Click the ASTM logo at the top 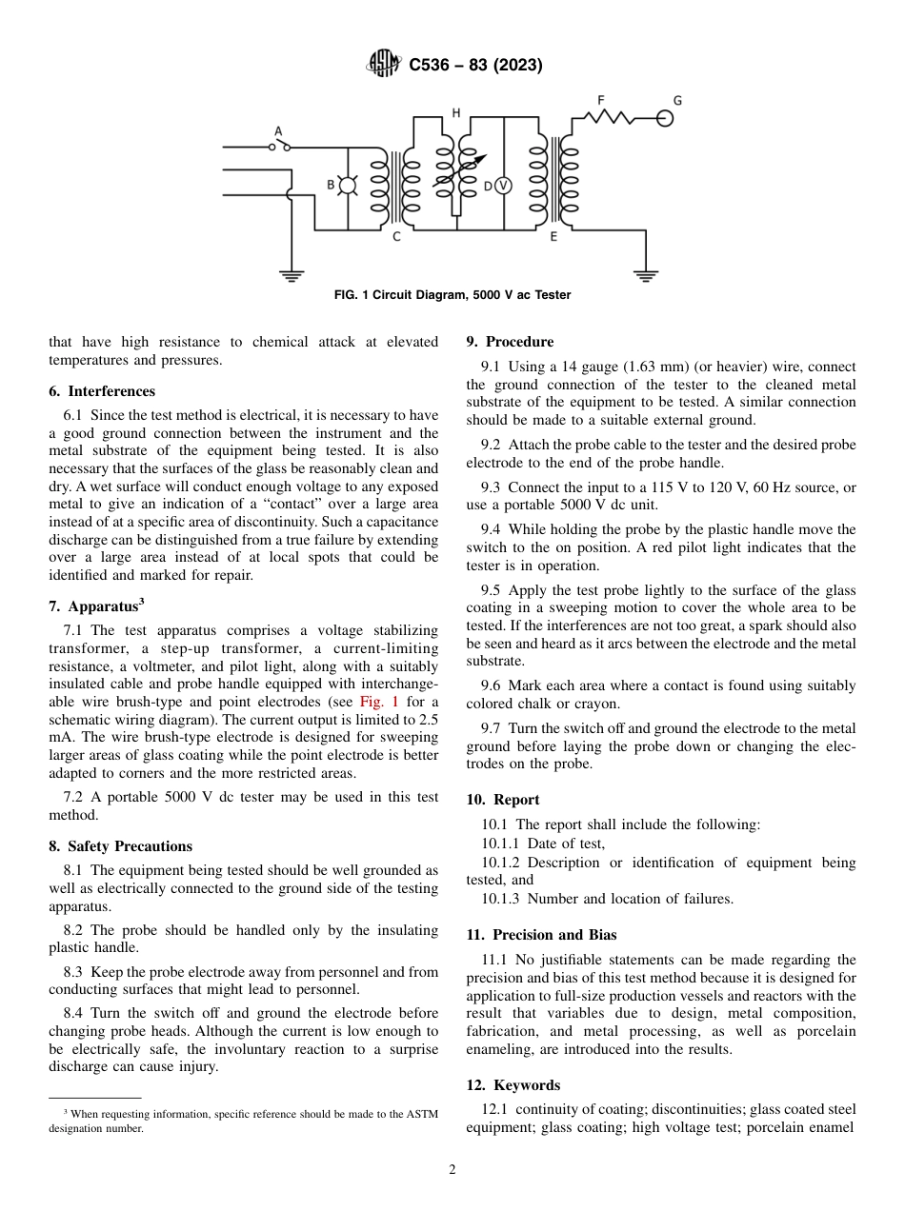384,65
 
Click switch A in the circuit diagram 279,146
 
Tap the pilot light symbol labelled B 348,186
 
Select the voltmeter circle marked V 502,186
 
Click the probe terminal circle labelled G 665,117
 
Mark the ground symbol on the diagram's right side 646,276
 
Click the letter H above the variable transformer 455,113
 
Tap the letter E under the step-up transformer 553,236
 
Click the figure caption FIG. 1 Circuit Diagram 452,295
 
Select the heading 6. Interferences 102,391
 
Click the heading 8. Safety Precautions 120,846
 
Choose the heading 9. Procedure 510,342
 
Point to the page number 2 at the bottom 452,1170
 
